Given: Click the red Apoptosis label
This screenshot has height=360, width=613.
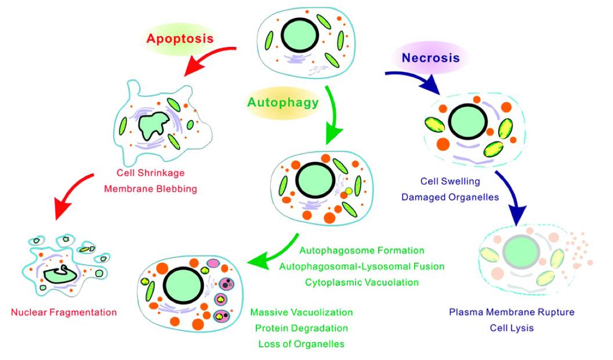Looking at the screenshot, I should (180, 39).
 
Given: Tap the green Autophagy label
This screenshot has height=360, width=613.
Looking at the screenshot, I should (282, 103).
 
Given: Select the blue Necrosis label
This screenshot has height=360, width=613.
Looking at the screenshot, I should (431, 58).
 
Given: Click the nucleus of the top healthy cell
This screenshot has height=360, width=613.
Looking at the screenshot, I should (299, 35).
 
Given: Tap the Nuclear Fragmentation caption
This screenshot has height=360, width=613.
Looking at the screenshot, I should (64, 312).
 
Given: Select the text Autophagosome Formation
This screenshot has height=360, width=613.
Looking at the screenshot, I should (362, 251).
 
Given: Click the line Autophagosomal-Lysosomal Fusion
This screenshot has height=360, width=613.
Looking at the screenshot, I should (362, 267).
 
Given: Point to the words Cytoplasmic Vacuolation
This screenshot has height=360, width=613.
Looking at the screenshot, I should (362, 282).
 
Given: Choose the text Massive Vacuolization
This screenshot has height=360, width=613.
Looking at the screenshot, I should (302, 312).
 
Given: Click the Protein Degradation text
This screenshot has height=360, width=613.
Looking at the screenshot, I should (302, 328).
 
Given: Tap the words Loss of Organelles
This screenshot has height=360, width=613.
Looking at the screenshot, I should (302, 344).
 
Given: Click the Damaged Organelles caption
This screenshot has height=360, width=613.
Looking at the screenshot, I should (450, 197).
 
